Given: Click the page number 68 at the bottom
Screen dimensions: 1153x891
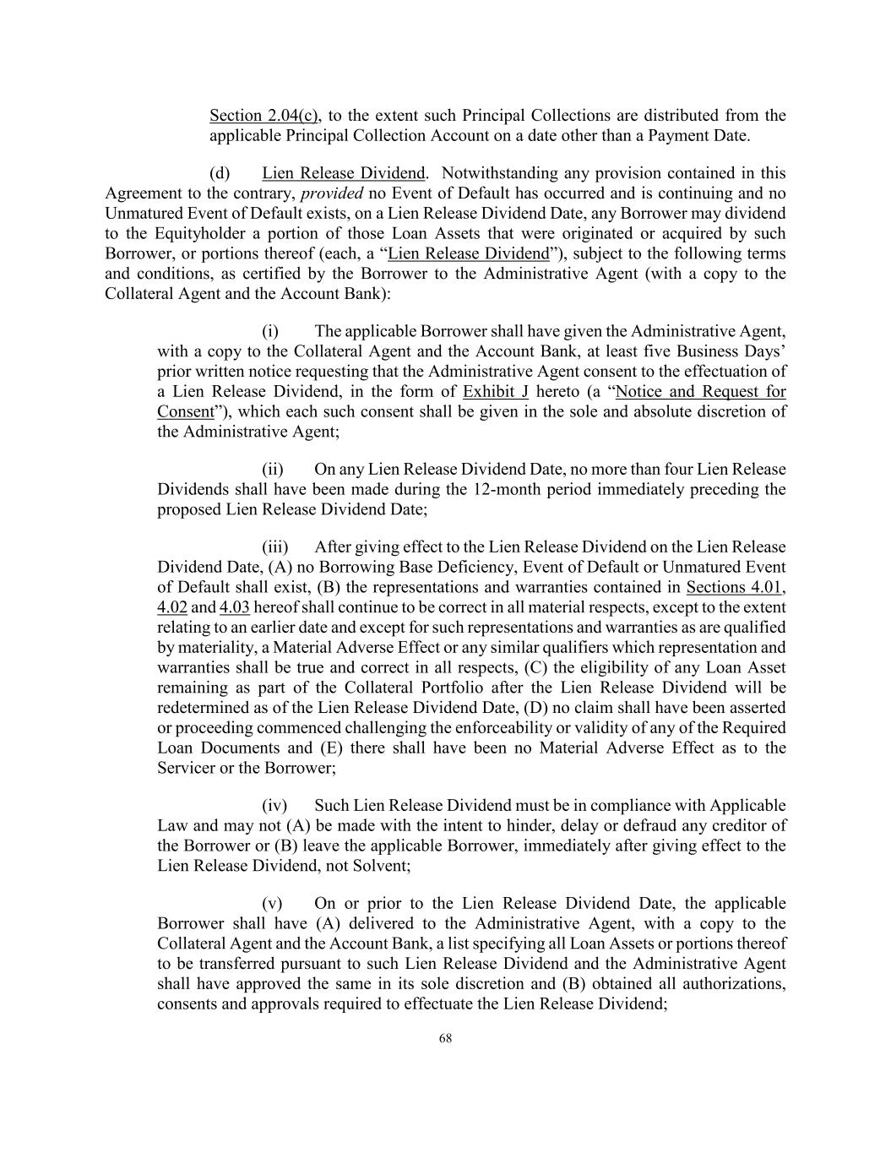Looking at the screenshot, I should point(445,1039).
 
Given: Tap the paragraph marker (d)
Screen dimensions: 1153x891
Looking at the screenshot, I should point(220,173).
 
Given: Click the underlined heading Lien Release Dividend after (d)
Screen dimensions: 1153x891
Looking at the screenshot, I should point(343,173).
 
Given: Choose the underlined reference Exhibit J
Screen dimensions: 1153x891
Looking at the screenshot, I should point(496,391).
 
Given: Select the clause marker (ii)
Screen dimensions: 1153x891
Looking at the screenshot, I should point(272,469).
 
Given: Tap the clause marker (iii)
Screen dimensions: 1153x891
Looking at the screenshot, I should point(274,547).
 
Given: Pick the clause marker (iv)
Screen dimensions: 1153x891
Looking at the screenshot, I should point(274,806).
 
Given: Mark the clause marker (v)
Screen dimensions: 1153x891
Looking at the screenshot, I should point(272,903).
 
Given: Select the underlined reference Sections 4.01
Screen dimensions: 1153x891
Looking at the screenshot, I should point(735,587).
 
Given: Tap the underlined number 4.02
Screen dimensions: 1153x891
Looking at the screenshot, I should point(172,607).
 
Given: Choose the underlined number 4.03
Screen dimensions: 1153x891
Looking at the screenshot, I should point(235,607).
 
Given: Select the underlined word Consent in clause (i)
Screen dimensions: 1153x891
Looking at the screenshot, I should point(185,411).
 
